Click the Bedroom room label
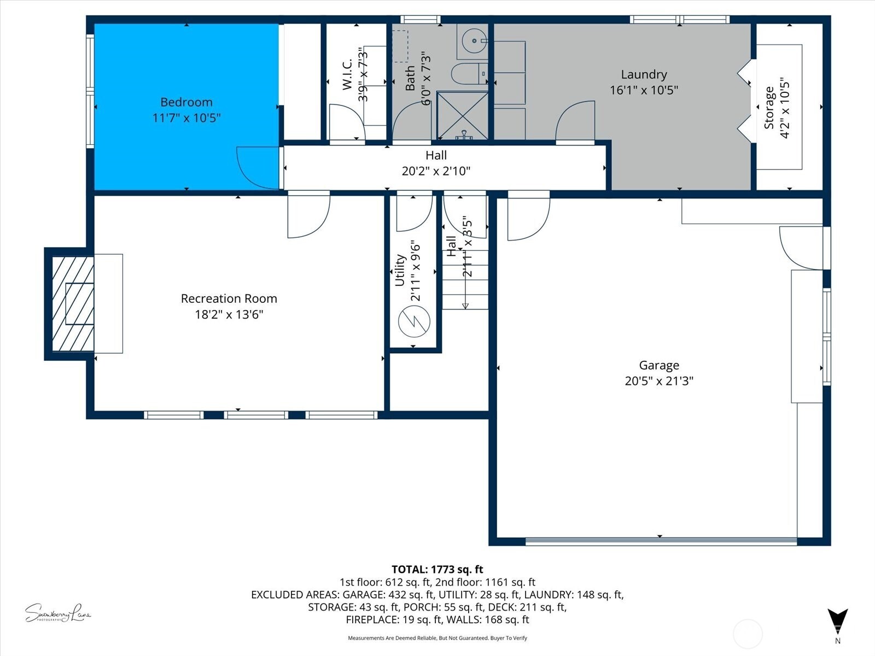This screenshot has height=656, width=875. point(186,102)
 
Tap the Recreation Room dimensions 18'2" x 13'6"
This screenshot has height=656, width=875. point(229,314)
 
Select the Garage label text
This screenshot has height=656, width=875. point(659,365)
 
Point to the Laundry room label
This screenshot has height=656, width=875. point(644,74)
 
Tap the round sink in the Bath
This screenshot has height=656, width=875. point(472,40)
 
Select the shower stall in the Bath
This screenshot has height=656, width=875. point(463,115)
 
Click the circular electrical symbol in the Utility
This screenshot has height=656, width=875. point(414,322)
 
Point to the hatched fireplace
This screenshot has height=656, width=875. point(73,304)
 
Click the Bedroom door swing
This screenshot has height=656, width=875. point(257,167)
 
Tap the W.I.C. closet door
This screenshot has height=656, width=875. point(346,122)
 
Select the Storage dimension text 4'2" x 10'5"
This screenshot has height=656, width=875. point(785,107)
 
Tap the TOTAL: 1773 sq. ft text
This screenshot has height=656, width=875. point(437,570)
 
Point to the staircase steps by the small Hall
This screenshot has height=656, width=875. point(465,279)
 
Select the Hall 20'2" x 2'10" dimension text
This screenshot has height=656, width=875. point(436,171)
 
